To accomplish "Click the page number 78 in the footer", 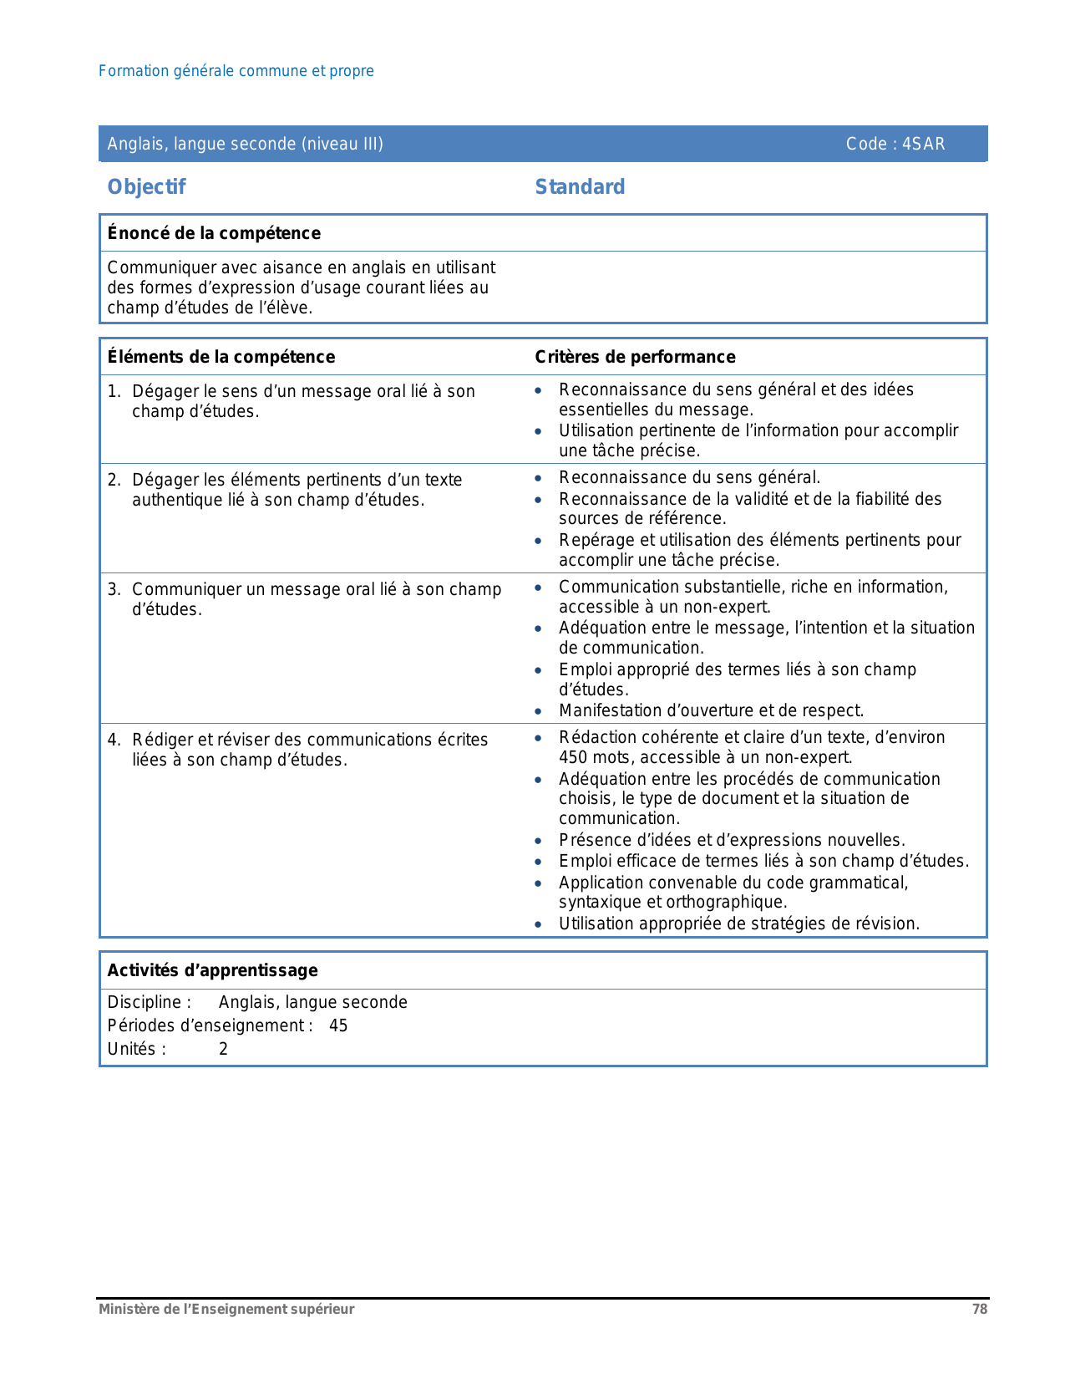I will [x=979, y=1309].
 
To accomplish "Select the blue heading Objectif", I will [x=146, y=187].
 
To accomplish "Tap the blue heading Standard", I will [x=580, y=187].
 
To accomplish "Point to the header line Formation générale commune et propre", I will [x=236, y=71].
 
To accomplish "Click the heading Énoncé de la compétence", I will [x=214, y=233].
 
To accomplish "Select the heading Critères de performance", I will [x=635, y=357].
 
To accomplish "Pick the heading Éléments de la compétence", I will [x=221, y=357].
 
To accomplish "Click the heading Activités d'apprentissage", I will [x=212, y=970].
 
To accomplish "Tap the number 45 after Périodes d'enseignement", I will [x=338, y=1025].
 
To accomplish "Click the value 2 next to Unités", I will [x=223, y=1049].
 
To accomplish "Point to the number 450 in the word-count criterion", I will [x=573, y=757].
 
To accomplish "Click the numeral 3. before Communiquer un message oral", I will [x=114, y=589].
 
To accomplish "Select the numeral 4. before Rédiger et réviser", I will [x=114, y=740].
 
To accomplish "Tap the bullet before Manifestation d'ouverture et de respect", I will [x=539, y=711].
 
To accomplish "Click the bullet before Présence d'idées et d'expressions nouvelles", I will [x=539, y=841].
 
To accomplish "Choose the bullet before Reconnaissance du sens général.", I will [x=539, y=478].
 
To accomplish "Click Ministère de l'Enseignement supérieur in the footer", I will [x=226, y=1309].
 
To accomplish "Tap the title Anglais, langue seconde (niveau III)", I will [x=245, y=144].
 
